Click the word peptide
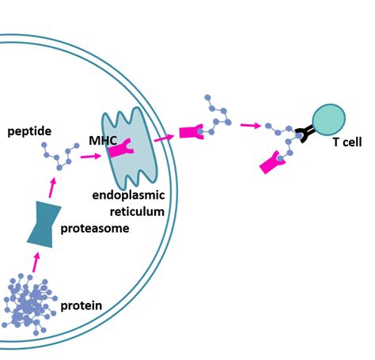[29, 131]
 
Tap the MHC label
[103, 141]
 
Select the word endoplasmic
[128, 195]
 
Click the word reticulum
[137, 211]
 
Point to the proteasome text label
[95, 229]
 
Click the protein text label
[81, 305]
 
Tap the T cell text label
[347, 142]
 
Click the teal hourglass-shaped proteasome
[44, 225]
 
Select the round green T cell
[329, 120]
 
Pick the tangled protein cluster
[29, 304]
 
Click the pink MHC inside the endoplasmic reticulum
[121, 149]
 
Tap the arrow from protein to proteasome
[36, 262]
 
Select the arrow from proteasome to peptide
[52, 188]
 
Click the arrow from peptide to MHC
[91, 157]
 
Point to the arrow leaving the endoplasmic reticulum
[165, 138]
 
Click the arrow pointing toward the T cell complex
[251, 125]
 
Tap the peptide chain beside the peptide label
[60, 156]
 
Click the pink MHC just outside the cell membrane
[191, 132]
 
